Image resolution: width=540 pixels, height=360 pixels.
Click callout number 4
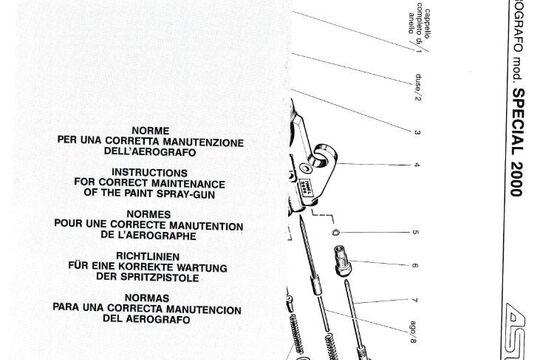[x=416, y=165]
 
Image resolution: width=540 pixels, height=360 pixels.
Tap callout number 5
[x=416, y=237]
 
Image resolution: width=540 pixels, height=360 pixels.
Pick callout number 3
[x=416, y=132]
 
